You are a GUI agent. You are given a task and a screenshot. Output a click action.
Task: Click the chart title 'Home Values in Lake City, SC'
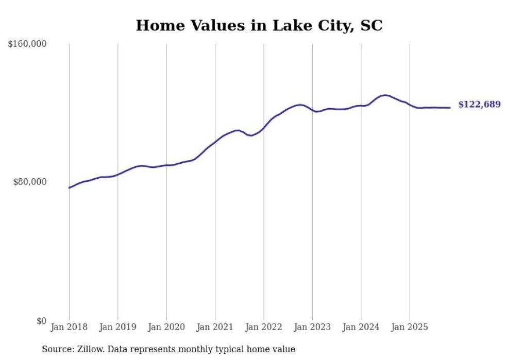[259, 25]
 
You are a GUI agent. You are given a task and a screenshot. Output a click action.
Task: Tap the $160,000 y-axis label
[27, 44]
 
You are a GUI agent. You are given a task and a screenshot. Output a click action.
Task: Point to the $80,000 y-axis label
[29, 182]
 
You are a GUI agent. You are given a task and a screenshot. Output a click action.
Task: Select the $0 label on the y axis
[41, 321]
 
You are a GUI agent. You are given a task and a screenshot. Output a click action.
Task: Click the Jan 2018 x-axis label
[69, 327]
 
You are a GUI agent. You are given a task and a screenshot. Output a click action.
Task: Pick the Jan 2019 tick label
[117, 327]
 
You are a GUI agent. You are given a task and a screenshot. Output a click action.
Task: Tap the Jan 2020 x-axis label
[166, 327]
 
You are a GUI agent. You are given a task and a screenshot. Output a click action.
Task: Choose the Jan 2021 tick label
[215, 327]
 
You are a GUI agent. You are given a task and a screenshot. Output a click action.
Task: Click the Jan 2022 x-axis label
[264, 327]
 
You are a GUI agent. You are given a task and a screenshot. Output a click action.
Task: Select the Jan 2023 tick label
[312, 327]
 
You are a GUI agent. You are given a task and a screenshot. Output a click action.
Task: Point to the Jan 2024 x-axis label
[361, 327]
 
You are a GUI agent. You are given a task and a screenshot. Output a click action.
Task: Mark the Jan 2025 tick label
[410, 327]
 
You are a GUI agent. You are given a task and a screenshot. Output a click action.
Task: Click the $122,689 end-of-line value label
[479, 105]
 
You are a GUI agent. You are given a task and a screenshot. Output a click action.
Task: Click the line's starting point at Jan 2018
[69, 187]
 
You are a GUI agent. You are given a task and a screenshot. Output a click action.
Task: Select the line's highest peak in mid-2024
[384, 95]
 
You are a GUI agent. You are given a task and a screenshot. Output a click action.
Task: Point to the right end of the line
[450, 108]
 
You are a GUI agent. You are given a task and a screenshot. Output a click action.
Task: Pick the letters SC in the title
[371, 25]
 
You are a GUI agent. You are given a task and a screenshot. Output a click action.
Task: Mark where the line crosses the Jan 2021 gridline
[215, 141]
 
